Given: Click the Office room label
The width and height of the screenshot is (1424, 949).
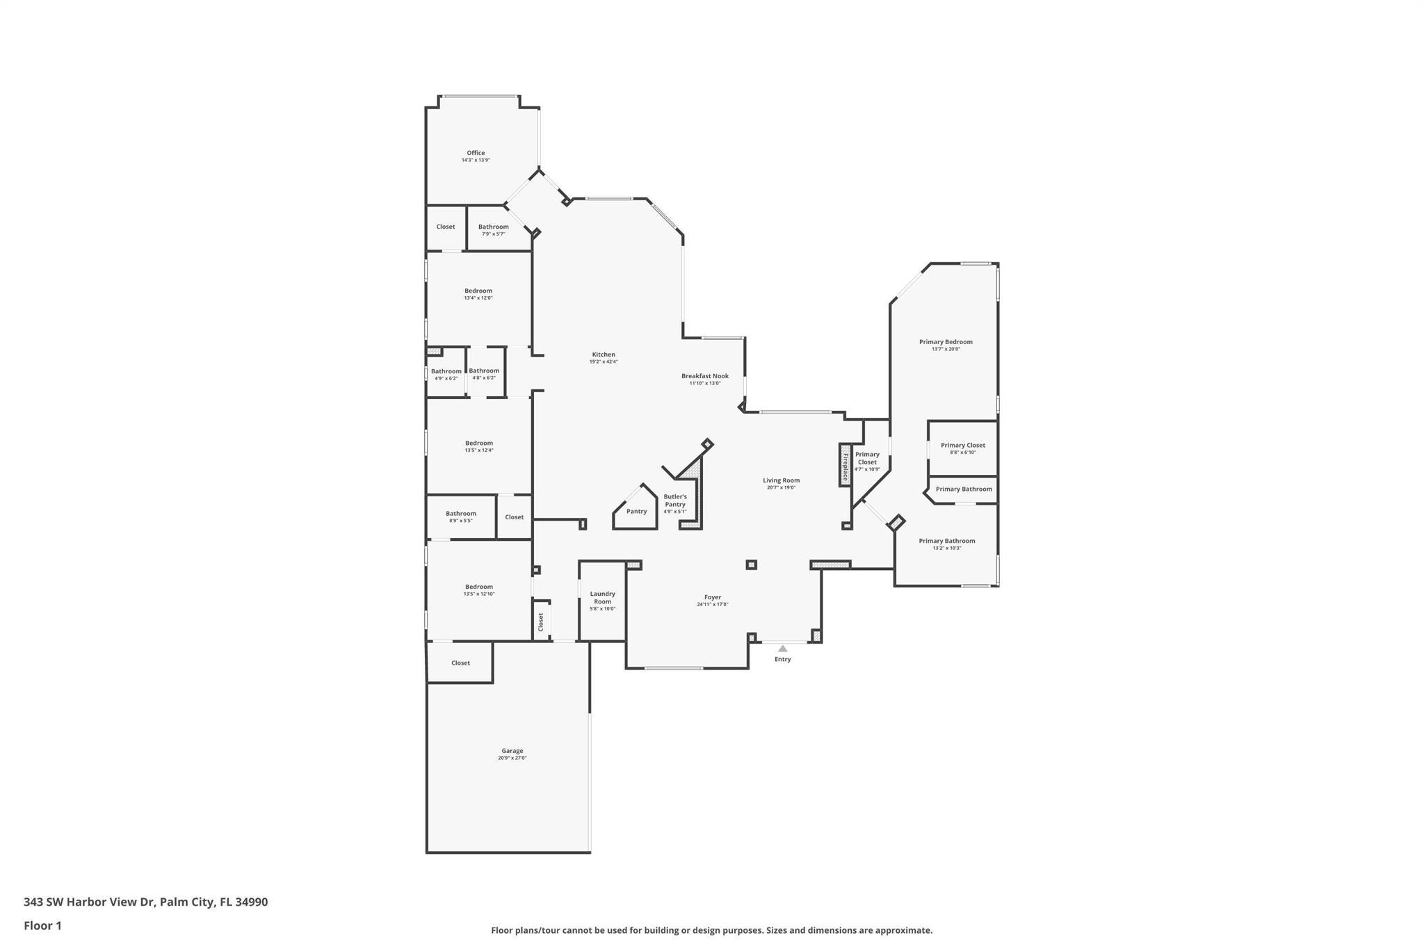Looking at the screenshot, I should coord(476,153).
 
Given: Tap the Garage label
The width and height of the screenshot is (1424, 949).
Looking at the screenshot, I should coord(512,751).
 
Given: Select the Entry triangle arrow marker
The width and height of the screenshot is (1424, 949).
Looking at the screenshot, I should coord(782,649).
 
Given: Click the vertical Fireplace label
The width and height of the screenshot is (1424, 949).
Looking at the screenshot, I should coord(845,466).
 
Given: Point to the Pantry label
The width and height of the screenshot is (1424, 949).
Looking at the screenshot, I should coord(636,512).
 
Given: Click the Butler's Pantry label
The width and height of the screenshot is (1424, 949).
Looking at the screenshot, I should coord(674,501).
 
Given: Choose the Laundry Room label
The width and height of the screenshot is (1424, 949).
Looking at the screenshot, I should coord(602,598).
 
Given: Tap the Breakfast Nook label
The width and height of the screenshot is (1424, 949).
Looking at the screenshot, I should coord(704,376).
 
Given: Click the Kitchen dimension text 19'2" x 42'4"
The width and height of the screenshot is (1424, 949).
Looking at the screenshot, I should coord(604,362).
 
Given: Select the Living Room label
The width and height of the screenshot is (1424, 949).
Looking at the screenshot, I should coord(781,480).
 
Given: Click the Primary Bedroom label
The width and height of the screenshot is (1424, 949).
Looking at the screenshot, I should coord(946,342).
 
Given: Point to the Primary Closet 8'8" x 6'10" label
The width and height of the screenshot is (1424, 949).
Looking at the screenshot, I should coord(962,446).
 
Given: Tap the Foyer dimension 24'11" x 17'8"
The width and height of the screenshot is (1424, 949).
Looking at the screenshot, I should coord(712,605).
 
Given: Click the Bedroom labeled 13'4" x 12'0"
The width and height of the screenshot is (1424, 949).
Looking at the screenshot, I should coord(478,291).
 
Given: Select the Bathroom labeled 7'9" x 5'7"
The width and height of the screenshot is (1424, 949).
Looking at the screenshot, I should coord(493,227).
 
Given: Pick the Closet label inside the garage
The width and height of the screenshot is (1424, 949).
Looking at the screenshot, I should coord(460,663).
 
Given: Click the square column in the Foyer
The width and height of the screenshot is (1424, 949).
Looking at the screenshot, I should coord(751,565).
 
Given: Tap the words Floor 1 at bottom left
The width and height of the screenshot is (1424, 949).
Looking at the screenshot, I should coord(42,925).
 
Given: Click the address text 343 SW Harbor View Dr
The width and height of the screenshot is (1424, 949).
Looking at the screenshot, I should coord(89,902).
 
